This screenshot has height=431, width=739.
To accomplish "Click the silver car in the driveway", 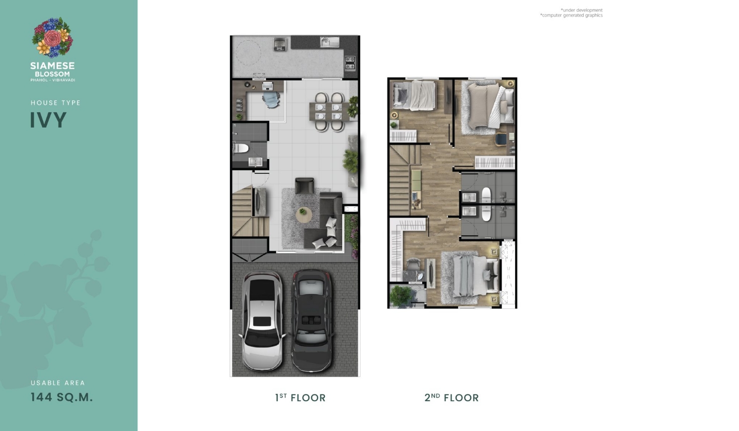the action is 262,321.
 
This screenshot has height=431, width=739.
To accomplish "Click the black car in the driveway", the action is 311,321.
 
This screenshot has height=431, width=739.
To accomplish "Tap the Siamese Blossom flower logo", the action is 53,37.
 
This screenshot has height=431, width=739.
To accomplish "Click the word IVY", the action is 49,120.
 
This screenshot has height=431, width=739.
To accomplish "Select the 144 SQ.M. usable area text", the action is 62,397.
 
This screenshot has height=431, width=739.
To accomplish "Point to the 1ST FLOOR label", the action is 300,397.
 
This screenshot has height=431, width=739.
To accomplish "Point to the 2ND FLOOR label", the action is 451,397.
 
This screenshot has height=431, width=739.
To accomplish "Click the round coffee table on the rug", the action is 303,215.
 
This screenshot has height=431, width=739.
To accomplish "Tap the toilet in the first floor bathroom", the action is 240,148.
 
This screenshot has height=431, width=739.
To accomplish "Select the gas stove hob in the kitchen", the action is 350,64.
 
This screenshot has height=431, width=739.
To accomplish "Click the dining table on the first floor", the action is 329,111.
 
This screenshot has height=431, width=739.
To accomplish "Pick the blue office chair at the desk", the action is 271,99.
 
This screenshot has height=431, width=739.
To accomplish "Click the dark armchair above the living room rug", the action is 304,186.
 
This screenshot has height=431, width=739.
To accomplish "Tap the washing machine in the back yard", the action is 280,44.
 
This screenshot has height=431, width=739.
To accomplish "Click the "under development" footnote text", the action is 582,10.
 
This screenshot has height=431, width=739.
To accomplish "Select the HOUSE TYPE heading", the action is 56,103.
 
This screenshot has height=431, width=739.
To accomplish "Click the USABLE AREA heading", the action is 58,383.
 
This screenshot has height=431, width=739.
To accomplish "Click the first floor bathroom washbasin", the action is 255,162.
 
